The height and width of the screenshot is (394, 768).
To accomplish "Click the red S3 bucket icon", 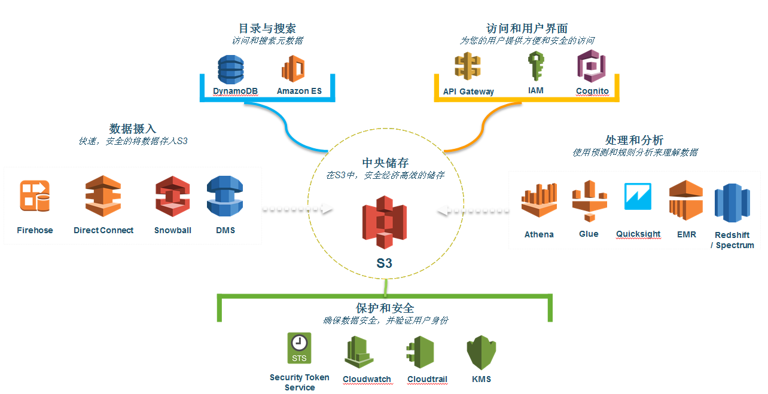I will [x=384, y=222].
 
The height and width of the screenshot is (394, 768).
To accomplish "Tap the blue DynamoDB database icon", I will [x=231, y=69].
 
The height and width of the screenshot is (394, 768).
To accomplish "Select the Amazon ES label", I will [x=299, y=91].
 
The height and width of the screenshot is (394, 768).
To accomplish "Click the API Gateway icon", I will [x=468, y=67].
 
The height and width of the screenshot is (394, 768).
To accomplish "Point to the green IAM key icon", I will [x=535, y=66].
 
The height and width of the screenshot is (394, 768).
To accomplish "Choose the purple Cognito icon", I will [x=592, y=66].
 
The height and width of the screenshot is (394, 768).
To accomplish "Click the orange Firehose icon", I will [x=35, y=196].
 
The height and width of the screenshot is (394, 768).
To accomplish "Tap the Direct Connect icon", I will [x=103, y=196].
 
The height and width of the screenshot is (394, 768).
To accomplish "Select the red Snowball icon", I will [x=172, y=196].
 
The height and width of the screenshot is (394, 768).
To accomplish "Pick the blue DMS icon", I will [x=225, y=196].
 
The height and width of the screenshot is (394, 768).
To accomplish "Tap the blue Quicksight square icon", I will [x=638, y=197].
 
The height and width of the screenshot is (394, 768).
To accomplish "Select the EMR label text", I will [x=686, y=234].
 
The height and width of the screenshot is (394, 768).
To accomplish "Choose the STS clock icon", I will [x=299, y=349].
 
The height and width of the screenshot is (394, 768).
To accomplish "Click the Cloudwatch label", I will [x=367, y=379].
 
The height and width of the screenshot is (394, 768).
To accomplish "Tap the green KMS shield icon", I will [x=481, y=352].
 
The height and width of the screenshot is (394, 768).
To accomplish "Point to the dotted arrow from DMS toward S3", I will [x=297, y=209].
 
